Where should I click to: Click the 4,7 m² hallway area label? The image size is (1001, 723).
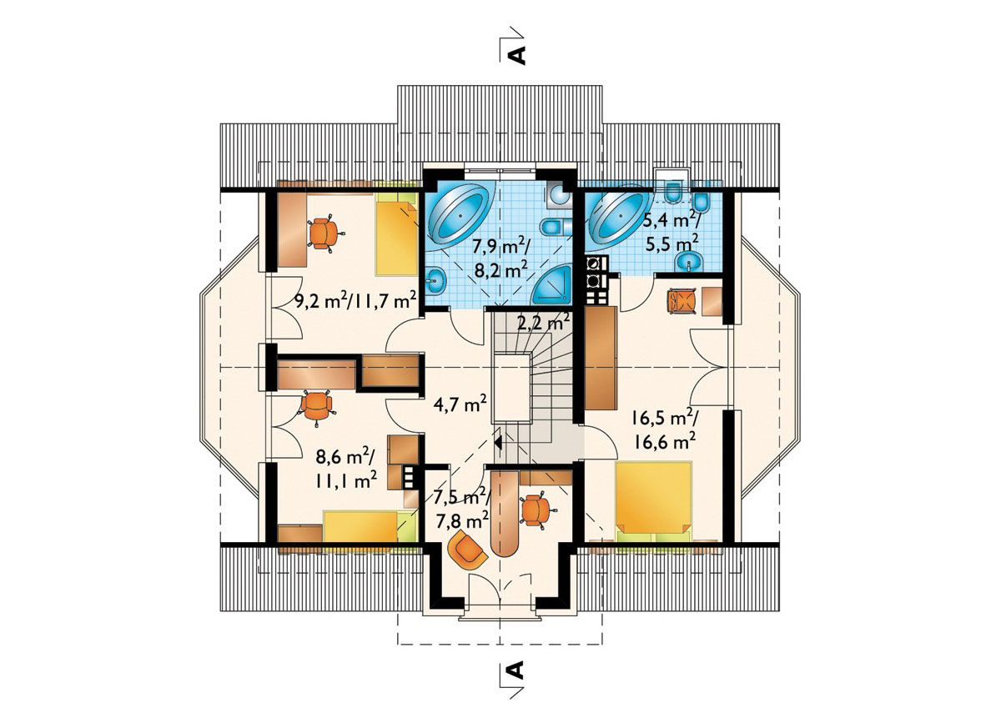click(x=460, y=404)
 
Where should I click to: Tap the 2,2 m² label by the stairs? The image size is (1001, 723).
click(x=543, y=322)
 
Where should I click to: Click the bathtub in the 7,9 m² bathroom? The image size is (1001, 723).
click(x=460, y=216)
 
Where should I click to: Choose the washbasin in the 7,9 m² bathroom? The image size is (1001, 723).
click(x=435, y=281)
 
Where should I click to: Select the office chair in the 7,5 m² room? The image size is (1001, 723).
click(x=537, y=510)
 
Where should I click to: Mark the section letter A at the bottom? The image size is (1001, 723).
click(x=516, y=682)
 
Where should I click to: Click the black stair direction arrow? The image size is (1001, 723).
click(x=497, y=441)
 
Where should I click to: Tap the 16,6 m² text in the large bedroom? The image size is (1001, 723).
click(x=665, y=442)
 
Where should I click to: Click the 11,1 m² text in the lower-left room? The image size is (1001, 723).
click(x=347, y=481)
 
